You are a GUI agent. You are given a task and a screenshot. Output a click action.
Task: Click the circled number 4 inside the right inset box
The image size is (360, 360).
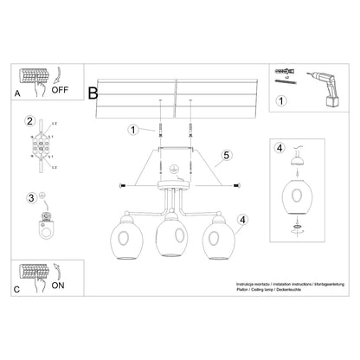pyautogui.click(x=279, y=148)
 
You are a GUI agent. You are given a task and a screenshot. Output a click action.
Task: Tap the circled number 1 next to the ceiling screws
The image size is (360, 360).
pyautogui.click(x=133, y=131)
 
